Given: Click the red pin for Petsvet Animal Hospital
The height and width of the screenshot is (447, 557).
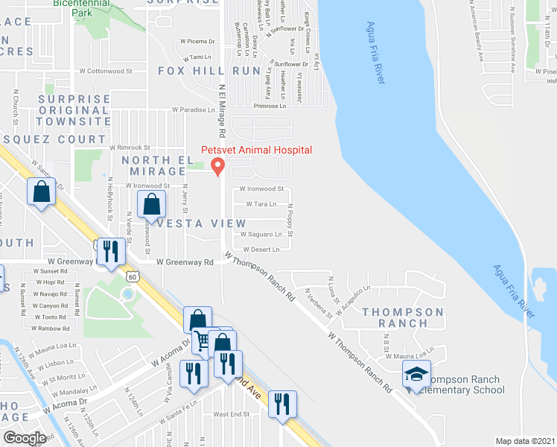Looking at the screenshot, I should [217, 166].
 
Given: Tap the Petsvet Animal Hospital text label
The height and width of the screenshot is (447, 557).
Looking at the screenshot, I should [256, 150].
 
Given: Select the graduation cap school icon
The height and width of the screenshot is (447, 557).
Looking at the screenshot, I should [417, 375].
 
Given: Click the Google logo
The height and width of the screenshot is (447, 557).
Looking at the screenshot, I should [25, 438].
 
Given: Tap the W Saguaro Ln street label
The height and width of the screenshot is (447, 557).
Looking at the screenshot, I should [261, 235].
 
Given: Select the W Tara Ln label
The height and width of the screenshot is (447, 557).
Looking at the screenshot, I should [260, 203].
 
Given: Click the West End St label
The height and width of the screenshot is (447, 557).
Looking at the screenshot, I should [231, 414].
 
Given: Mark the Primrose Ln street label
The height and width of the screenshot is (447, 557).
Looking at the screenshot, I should [270, 106].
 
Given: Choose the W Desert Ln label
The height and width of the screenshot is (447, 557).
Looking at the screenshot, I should [260, 250].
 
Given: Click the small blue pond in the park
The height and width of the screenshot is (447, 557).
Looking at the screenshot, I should [127, 294].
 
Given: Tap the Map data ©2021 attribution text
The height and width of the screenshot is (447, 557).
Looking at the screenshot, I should [525, 441].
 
